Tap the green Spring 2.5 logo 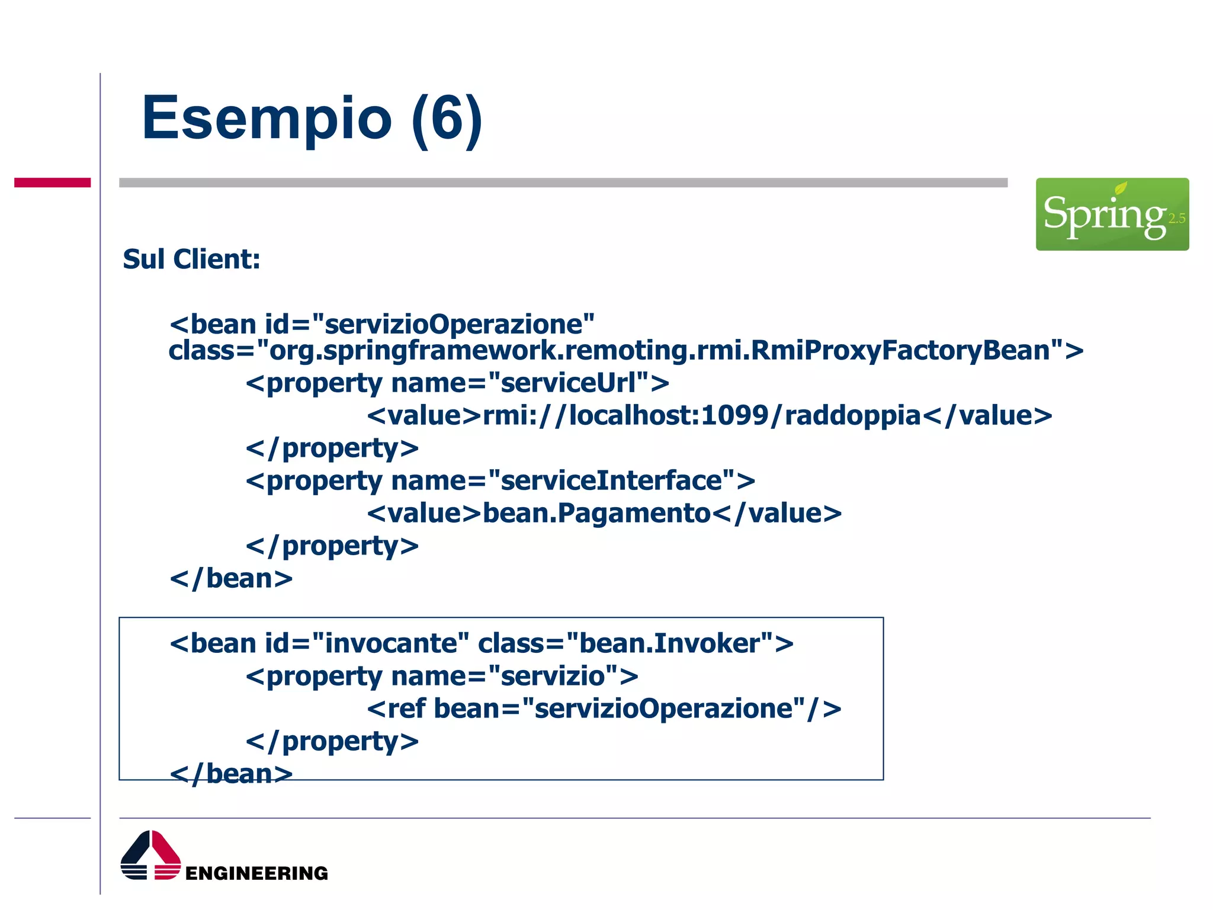[1112, 214]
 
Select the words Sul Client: [191, 259]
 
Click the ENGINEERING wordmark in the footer [256, 873]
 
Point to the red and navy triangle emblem [150, 855]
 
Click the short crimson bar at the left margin [52, 182]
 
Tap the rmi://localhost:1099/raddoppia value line [709, 416]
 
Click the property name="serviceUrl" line [457, 383]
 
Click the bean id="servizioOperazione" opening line [382, 325]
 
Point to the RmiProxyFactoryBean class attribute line [625, 351]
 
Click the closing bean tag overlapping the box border [231, 774]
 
